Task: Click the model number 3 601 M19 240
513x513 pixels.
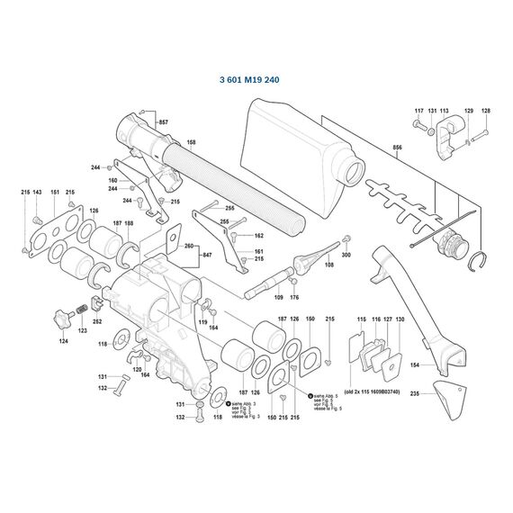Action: tap(256, 79)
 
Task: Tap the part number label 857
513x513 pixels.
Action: tap(163, 121)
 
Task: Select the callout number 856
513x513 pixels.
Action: tap(398, 147)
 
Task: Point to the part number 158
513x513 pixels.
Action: tap(191, 143)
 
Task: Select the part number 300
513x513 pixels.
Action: tap(346, 256)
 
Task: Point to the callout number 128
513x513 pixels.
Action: tap(486, 111)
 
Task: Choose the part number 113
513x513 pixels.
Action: tap(445, 111)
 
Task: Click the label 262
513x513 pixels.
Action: tap(97, 320)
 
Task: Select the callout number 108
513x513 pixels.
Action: tap(328, 266)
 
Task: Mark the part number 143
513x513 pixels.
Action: tap(36, 193)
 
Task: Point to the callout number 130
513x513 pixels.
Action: tap(400, 320)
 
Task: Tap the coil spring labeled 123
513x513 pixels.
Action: tap(79, 311)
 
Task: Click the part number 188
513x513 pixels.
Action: tap(130, 223)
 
